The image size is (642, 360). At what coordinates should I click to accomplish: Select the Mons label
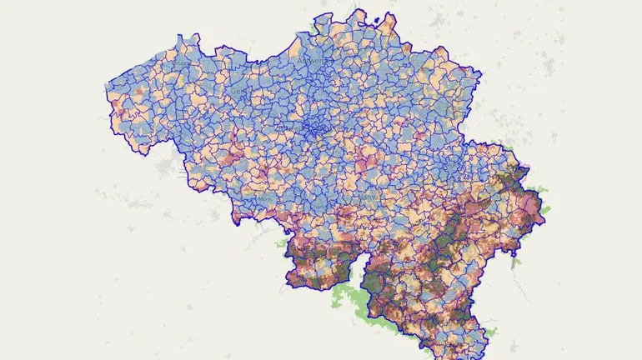pyautogui.click(x=265, y=199)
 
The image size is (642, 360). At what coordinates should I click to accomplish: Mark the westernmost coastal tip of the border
pyautogui.click(x=107, y=84)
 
